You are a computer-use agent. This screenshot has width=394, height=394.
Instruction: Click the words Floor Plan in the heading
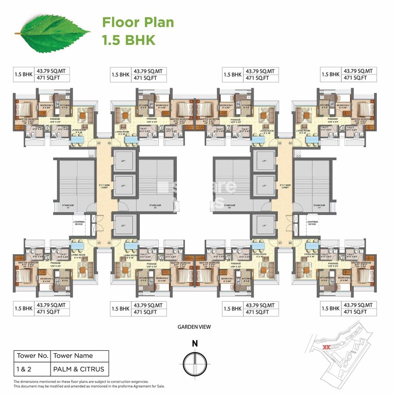click(x=138, y=22)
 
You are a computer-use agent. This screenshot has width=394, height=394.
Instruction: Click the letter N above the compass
click(x=195, y=343)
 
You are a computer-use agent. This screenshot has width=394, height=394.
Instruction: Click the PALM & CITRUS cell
click(x=80, y=369)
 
